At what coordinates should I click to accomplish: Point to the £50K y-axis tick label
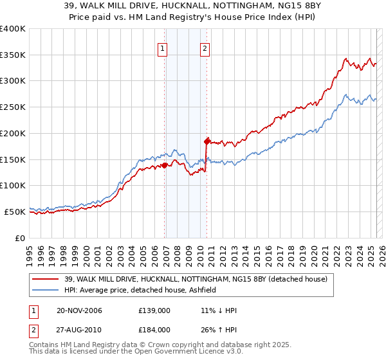[15, 212]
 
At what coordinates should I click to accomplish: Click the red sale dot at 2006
[165, 165]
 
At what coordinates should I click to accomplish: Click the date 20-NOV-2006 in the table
[79, 311]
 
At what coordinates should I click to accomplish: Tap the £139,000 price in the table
[154, 311]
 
